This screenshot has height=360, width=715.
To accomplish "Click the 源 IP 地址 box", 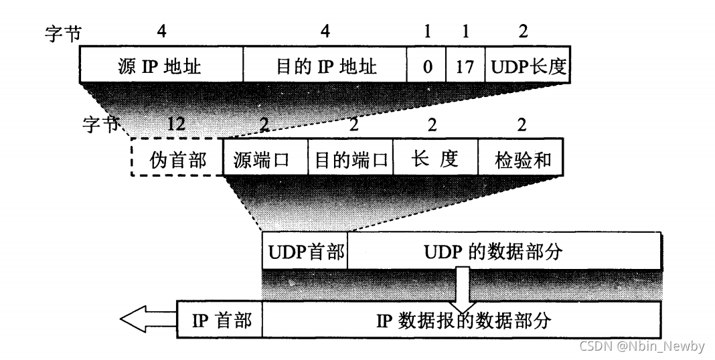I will pos(161,66).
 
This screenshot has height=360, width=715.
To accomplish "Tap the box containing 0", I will pos(426,66).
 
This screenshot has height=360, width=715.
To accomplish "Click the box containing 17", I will pos(465,66).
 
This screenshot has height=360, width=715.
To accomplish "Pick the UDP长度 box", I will pos(528,66).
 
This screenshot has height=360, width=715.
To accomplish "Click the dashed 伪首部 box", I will pos(176,158).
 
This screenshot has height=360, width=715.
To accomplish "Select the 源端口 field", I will pos(265,158).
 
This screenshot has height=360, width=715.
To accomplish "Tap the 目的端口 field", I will pos(351,158).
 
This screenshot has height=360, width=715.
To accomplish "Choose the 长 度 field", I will pos(435,158).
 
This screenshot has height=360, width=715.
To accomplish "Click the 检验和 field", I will pos(520,158).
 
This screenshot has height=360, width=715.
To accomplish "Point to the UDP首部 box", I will pos(305,252).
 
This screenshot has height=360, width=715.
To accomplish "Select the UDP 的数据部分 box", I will pos(503,252).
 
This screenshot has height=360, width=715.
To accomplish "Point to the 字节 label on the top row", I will pos(62,34).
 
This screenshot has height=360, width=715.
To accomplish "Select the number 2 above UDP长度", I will pos(523,31).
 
